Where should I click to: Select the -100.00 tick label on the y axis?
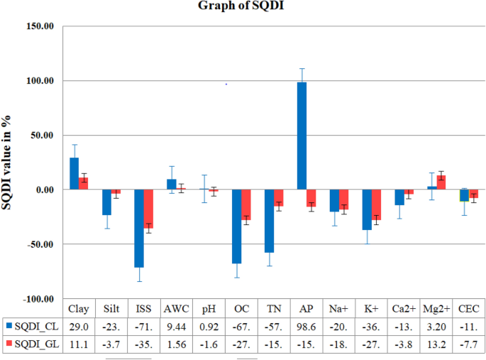38,299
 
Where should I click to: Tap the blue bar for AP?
302,136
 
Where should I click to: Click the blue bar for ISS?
139,228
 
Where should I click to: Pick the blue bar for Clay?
74,173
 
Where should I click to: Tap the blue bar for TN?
269,221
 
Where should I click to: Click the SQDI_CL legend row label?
35,326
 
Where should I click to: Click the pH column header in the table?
209,309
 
